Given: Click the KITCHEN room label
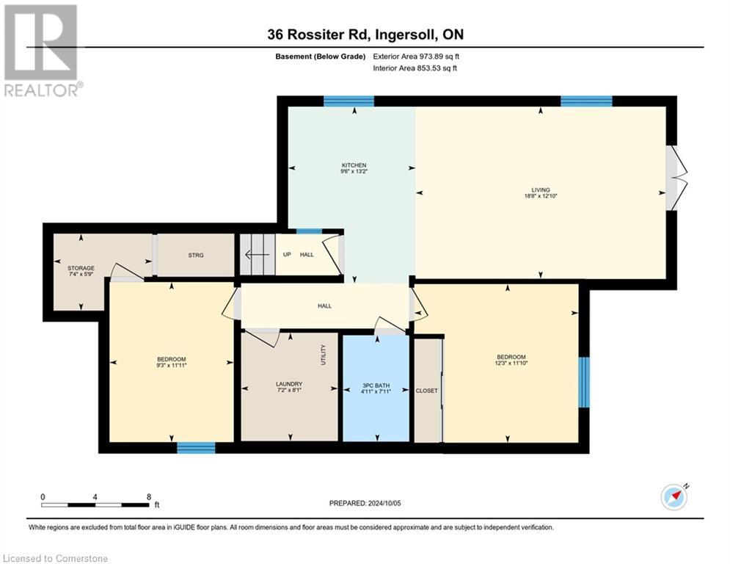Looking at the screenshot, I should click(353, 165).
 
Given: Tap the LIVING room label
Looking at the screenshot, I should click(541, 189).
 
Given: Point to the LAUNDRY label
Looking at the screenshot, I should click(289, 384).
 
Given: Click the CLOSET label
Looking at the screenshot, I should click(426, 391).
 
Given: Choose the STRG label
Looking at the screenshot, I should click(195, 255).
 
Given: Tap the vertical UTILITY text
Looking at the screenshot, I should click(324, 355).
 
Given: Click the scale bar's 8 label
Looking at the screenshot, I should click(149, 496).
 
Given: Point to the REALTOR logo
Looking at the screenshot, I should click(42, 51).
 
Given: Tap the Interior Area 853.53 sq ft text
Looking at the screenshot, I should click(416, 68).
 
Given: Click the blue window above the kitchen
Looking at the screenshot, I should click(349, 101).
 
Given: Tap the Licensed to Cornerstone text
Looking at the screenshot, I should click(56, 559).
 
